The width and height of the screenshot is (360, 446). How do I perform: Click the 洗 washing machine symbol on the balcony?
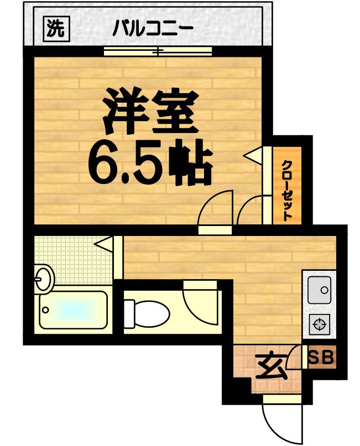coord(54,28)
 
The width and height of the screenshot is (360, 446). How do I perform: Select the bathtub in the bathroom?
coord(74,311)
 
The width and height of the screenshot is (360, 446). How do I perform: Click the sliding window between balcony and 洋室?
coord(158,52)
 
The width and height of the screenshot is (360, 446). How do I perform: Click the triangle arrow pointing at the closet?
coord(255,155)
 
